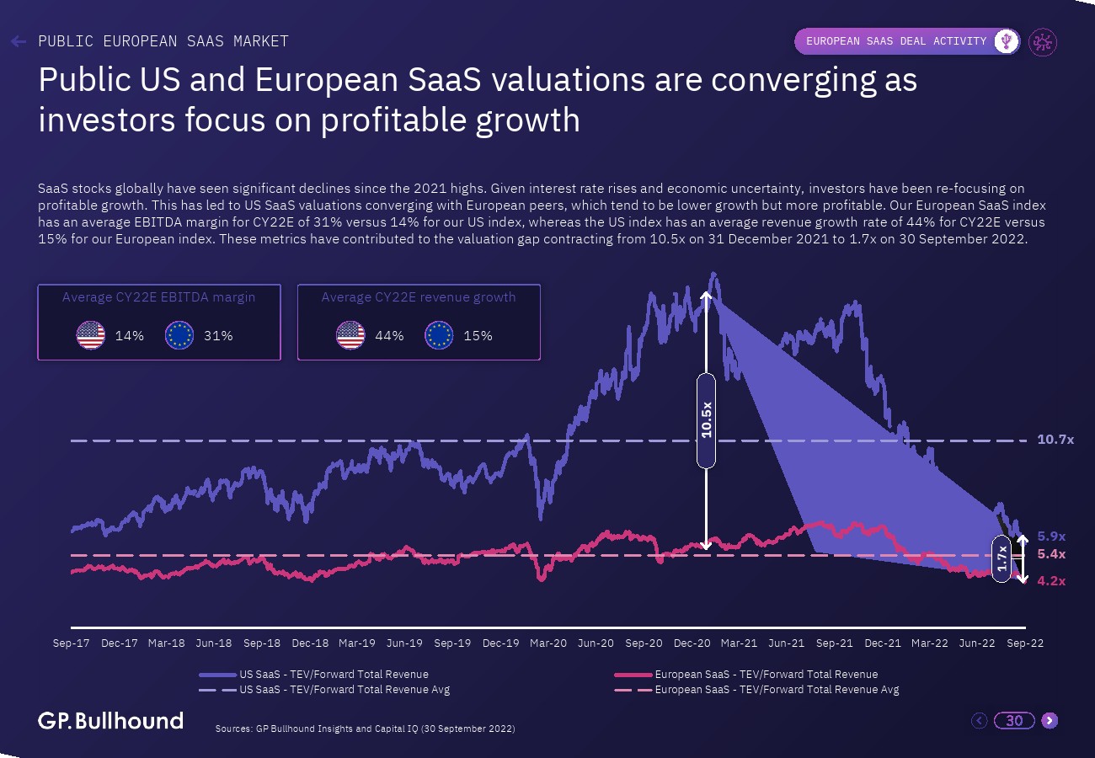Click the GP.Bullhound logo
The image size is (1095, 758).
point(110,720)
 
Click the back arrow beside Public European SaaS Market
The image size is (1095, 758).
point(19,41)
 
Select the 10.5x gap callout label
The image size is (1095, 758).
point(706,419)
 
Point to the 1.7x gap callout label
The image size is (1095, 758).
point(1002,558)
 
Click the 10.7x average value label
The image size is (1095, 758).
point(1055,440)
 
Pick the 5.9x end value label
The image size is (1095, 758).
point(1051,536)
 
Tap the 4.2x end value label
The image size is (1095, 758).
point(1051,580)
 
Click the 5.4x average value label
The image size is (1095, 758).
point(1051,554)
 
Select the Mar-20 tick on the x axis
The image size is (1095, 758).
point(548,643)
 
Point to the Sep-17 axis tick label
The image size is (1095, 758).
point(72,643)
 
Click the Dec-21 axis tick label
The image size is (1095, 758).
point(883,643)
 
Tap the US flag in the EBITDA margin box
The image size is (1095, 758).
point(90,335)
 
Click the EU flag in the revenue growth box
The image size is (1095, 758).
point(439,335)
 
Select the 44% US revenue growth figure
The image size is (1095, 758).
point(389,335)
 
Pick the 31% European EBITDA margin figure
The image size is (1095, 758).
point(218,335)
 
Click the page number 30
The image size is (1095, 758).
point(1014,720)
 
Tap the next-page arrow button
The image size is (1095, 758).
point(1049,720)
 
